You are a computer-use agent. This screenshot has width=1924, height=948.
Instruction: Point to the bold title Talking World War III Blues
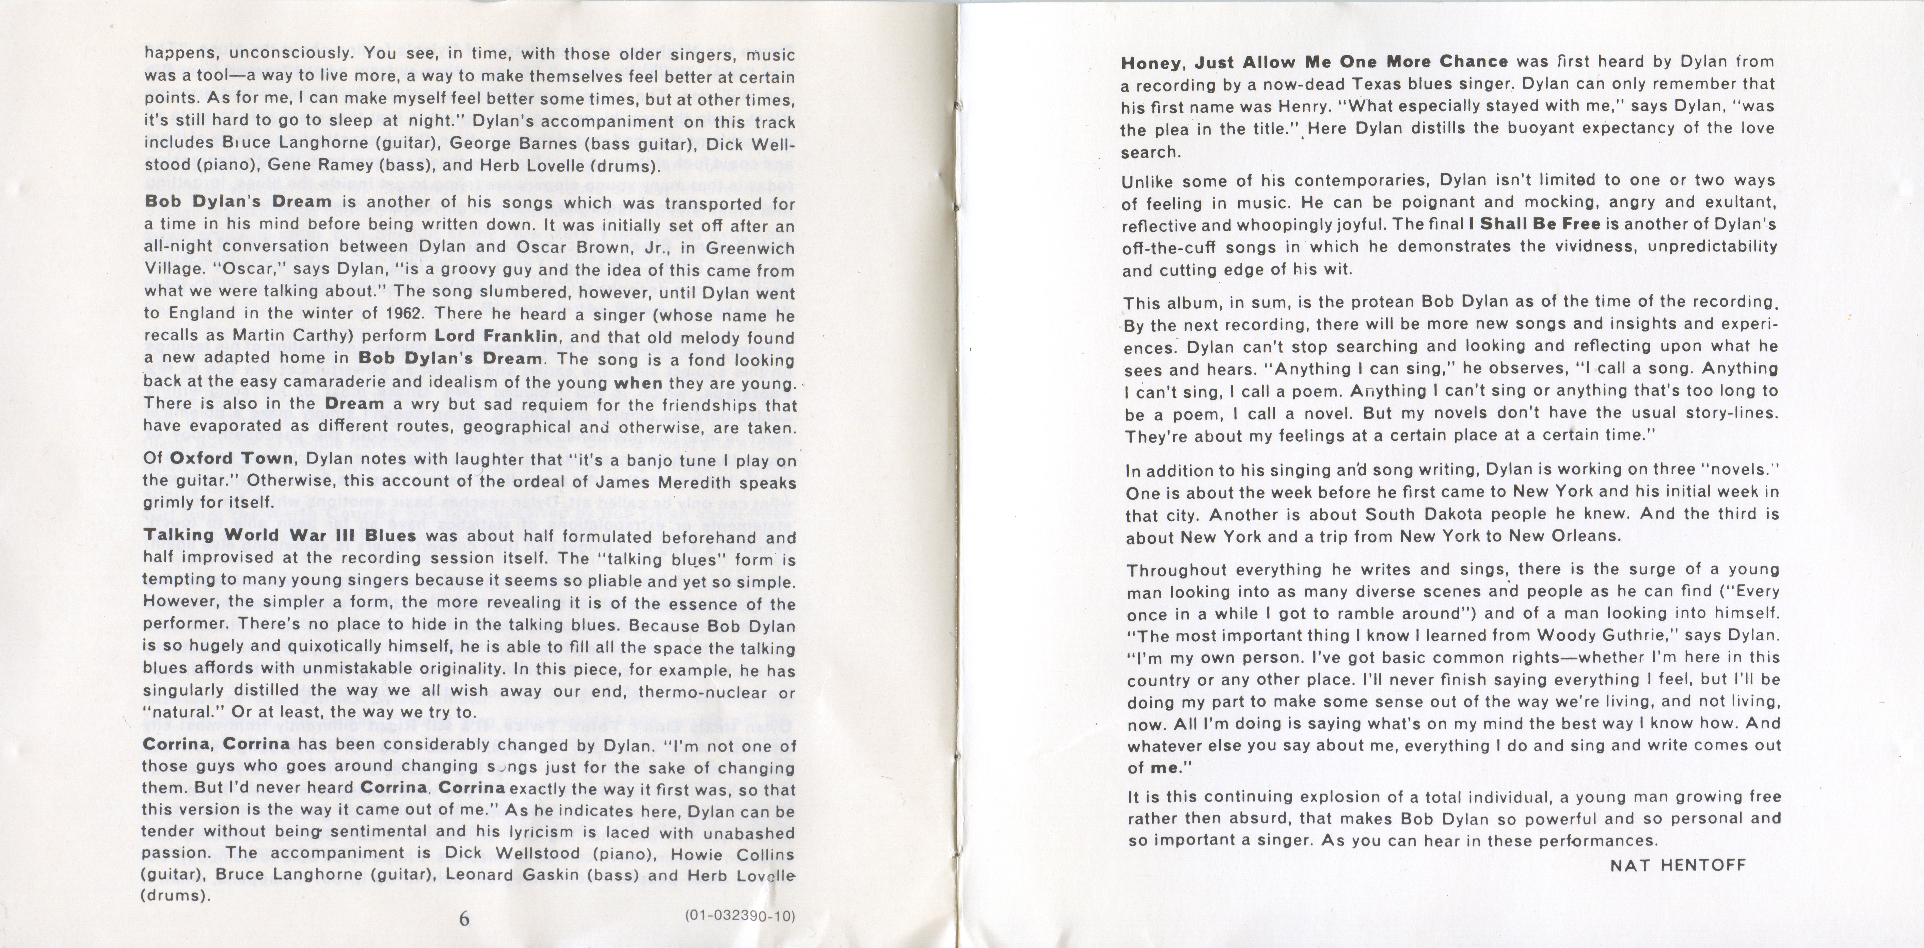(279, 536)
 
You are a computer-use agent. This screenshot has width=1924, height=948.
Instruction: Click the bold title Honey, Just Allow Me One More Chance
(1314, 62)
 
